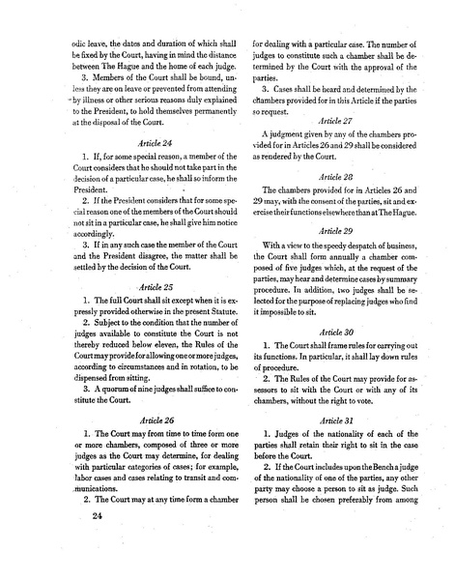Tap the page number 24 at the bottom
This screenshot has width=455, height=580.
pos(97,515)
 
